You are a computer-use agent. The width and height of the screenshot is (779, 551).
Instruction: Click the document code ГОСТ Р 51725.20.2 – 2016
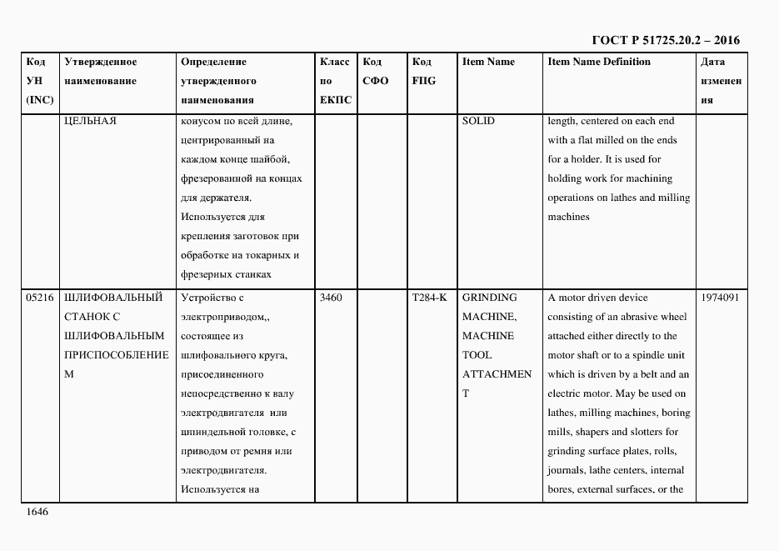coord(665,40)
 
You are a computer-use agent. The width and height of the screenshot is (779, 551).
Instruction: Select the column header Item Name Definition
coord(599,62)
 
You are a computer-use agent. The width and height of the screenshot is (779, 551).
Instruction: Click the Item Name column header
coord(488,62)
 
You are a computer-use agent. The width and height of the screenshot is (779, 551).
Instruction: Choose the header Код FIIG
coord(423,72)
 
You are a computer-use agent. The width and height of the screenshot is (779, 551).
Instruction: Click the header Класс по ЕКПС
coord(335,81)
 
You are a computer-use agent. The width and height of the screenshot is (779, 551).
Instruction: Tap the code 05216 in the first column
coord(40,298)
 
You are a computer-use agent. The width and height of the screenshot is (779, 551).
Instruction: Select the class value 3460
coord(332,298)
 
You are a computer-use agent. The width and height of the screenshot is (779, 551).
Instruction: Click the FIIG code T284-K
coord(429,298)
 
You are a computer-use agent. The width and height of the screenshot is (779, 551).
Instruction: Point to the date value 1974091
coord(720,298)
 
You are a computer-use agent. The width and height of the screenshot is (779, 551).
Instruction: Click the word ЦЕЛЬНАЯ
coord(90,121)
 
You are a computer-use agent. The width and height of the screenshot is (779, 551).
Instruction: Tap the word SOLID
coord(478,121)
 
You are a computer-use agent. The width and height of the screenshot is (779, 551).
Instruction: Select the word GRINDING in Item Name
coord(489,298)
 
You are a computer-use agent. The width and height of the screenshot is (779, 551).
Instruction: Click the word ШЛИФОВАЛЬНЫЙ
coord(112,298)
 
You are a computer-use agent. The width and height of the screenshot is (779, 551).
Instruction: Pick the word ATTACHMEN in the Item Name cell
coord(497,374)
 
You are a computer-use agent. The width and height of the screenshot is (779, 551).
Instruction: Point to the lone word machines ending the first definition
coord(568,217)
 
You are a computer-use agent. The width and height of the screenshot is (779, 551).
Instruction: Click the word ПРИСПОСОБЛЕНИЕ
coord(116,355)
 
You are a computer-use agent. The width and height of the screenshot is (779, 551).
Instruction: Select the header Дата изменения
coord(720,81)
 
